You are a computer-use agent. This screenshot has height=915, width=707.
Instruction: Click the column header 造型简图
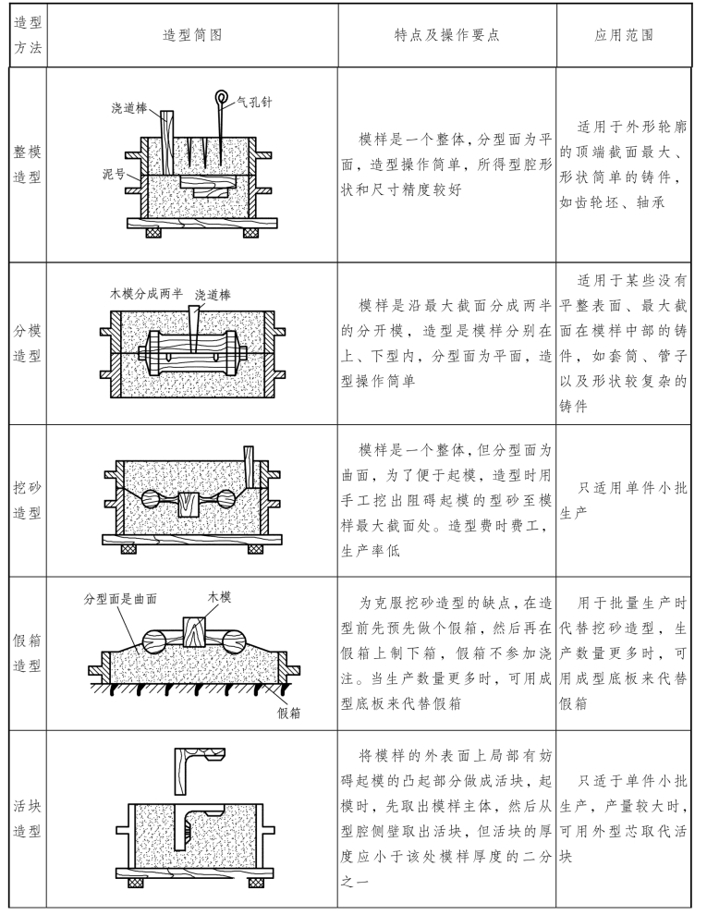[x=192, y=36]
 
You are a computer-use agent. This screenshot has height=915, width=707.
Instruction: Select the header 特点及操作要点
[x=446, y=36]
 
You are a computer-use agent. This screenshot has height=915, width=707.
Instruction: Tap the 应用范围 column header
[x=624, y=36]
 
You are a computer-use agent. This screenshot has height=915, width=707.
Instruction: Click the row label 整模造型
[x=28, y=165]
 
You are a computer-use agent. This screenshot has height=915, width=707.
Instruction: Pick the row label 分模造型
[x=28, y=343]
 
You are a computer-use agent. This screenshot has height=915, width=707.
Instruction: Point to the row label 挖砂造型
[x=28, y=500]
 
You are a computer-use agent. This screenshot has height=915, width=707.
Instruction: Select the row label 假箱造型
[x=28, y=653]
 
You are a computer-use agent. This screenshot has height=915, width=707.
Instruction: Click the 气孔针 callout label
[x=255, y=103]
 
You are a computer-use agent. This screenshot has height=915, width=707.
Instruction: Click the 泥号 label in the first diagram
[x=113, y=174]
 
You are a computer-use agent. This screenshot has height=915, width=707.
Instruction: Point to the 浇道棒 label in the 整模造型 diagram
[x=128, y=108]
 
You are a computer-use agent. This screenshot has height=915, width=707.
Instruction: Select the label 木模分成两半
[x=146, y=294]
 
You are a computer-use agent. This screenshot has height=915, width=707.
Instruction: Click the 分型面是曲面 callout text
[x=120, y=599]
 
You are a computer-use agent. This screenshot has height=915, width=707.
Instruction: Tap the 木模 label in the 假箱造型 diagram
[x=219, y=597]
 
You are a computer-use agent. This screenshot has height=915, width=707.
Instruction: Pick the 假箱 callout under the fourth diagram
[x=288, y=713]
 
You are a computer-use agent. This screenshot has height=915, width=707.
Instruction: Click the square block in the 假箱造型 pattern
[x=195, y=632]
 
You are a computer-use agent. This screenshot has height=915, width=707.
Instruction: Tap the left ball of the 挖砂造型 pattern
[x=153, y=499]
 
